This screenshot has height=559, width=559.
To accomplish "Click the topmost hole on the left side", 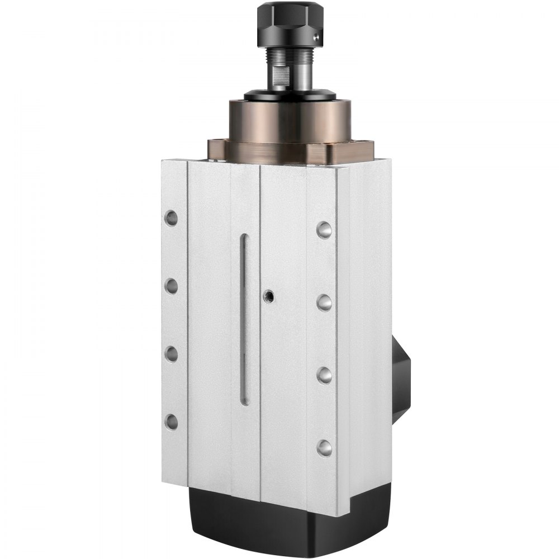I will (x=171, y=218).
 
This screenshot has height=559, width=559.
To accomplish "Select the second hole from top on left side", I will (x=171, y=286).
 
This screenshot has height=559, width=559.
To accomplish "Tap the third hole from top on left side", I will (x=171, y=354).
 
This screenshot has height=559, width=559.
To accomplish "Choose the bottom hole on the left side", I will (x=171, y=421).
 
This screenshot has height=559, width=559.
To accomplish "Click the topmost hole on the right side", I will (x=324, y=230).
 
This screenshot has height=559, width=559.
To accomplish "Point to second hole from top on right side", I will (x=324, y=302).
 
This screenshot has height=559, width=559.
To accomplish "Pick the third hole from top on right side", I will (x=324, y=375).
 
